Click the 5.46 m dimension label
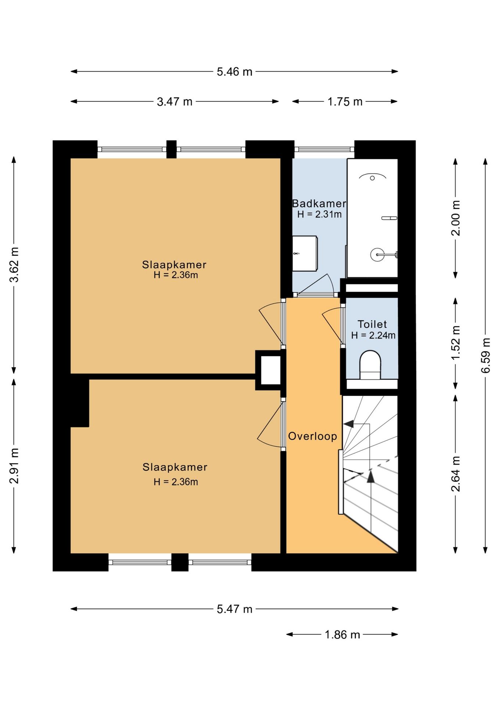coord(234,72)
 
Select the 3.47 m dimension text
coord(175,101)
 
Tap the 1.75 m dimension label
coord(345,101)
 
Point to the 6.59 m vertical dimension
coord(486,355)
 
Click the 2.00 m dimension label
coord(456,218)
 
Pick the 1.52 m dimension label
coord(456,343)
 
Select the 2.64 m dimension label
coord(456,474)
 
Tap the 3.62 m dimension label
coord(14,265)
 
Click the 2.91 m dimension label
coord(14,466)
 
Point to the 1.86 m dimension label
coord(342,635)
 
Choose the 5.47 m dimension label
coord(234,609)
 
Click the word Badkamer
coord(319,203)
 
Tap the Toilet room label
coord(372,324)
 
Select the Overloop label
coord(312,436)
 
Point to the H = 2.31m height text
coord(319,214)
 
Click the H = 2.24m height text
coord(373,335)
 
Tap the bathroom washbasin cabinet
coord(305,253)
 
